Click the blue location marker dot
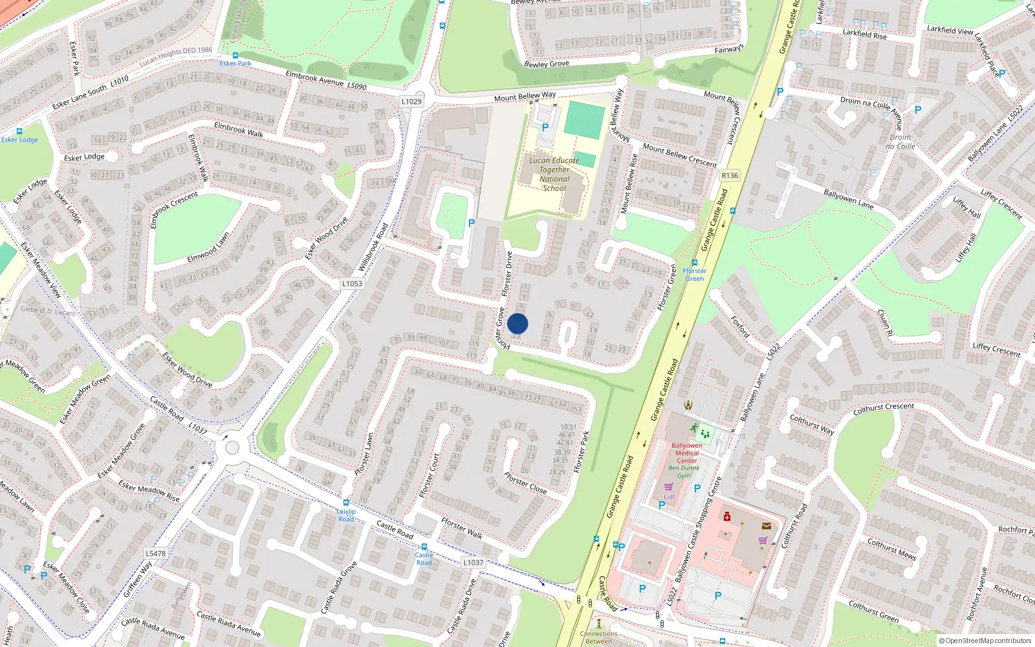(x=517, y=323)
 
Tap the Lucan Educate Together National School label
(x=554, y=175)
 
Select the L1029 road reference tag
(x=411, y=102)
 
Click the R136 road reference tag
(x=730, y=175)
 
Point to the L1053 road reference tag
(x=352, y=283)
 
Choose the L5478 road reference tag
(x=155, y=553)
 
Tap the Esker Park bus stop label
(x=235, y=63)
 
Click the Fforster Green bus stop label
(x=694, y=274)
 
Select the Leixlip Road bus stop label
(x=346, y=515)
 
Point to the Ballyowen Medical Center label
(x=687, y=453)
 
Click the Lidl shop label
(x=669, y=497)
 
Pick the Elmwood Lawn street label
(x=208, y=247)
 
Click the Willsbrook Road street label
(x=373, y=247)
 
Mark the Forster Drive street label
(x=508, y=274)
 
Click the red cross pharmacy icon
(x=727, y=516)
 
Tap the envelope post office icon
(x=767, y=526)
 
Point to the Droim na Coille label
(x=900, y=142)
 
